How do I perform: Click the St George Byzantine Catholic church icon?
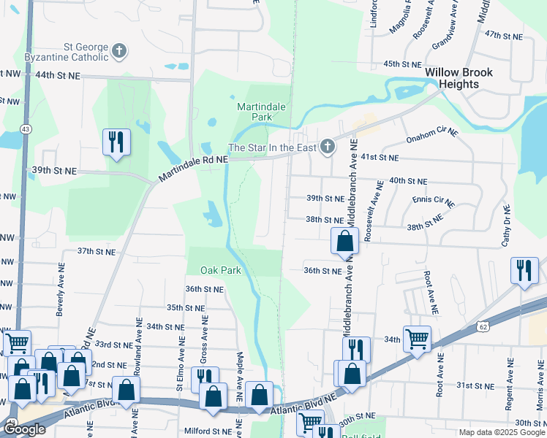(119, 51)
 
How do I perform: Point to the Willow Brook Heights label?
(459, 78)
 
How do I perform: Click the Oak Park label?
(221, 270)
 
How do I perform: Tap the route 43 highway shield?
(26, 128)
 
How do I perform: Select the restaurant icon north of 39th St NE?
(116, 142)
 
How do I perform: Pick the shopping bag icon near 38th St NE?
(344, 241)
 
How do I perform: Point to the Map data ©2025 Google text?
(502, 432)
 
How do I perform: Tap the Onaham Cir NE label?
(431, 138)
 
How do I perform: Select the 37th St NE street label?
(97, 251)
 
